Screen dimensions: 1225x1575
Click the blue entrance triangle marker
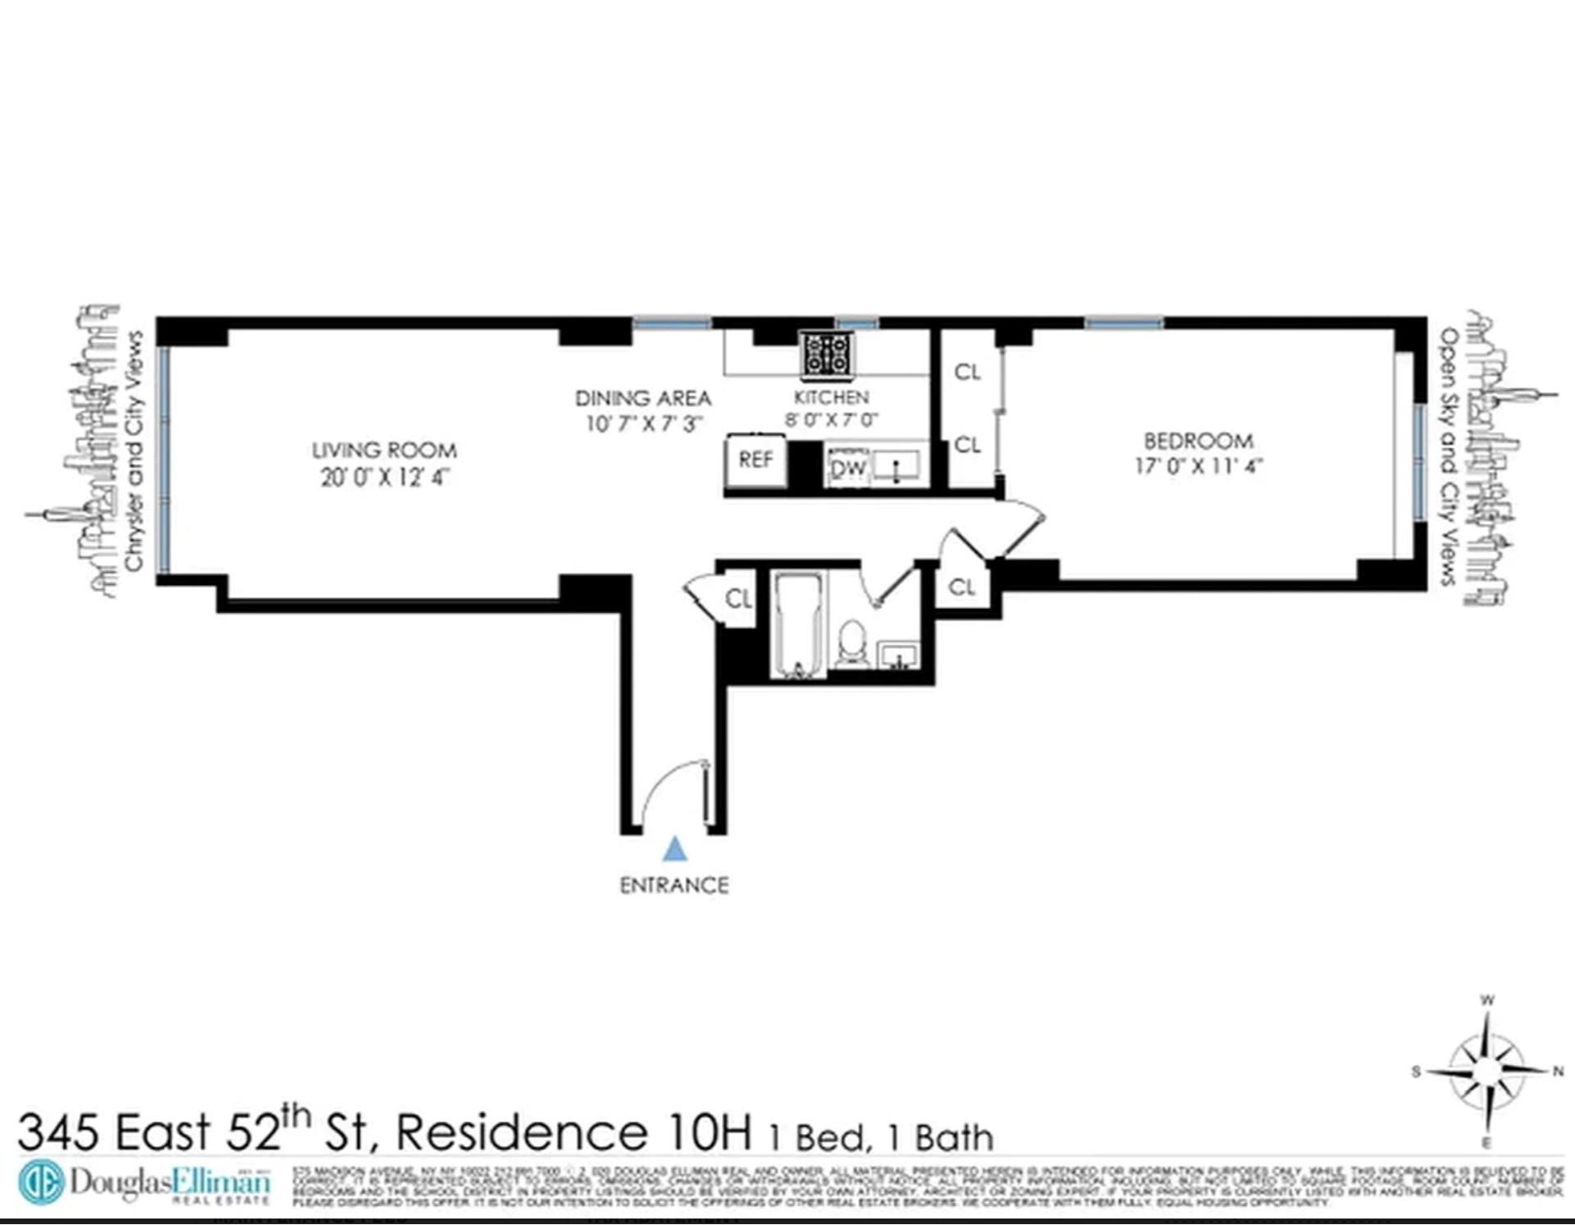point(674,849)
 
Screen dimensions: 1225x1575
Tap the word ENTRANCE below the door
point(673,885)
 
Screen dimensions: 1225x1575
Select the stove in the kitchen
point(827,354)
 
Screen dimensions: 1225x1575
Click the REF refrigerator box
point(756,460)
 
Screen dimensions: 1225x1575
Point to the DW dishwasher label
point(848,469)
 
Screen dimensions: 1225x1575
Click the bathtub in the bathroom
point(798,626)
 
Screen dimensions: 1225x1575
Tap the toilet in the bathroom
point(852,644)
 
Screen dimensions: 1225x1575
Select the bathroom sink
point(899,656)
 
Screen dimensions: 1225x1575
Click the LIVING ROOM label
point(384,450)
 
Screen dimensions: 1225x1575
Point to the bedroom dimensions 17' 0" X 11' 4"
point(1198,466)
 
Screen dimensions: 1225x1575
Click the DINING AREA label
point(642,399)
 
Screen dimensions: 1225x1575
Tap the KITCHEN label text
point(831,397)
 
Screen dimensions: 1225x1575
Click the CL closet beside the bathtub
point(738,599)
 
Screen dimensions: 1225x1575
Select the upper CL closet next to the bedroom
point(967,373)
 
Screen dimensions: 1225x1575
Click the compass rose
point(1486,1072)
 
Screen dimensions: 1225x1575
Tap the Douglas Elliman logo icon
point(41,1182)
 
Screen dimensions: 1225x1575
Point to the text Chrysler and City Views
point(134,450)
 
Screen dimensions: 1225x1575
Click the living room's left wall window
point(164,459)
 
